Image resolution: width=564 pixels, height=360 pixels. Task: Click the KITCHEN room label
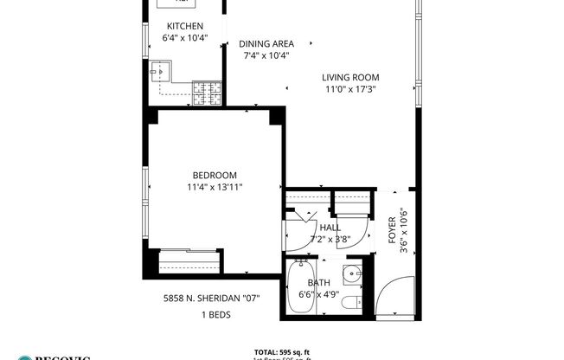pos(185,26)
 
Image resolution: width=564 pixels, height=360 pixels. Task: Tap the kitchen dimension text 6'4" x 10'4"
pos(185,38)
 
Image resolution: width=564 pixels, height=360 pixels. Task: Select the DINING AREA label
pos(266,43)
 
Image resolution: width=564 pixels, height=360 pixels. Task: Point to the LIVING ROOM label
pos(350,76)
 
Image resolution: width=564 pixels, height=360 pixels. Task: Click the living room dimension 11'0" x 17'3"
pos(350,88)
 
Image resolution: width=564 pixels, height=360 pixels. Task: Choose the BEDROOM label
pos(215,175)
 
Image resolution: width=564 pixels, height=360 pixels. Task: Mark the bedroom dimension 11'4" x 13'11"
pos(215,187)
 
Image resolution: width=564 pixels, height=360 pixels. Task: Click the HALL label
pos(330,228)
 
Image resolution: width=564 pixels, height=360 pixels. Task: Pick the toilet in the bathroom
pos(350,303)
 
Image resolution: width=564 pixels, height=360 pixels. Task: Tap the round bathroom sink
pos(350,276)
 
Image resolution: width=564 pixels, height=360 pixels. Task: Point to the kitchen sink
pos(162,71)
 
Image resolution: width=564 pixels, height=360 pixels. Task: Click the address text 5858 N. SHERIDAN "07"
pos(212,298)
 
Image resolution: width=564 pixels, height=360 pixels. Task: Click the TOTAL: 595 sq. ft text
pos(281,351)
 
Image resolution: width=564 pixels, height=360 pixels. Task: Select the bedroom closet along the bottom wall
pos(187,260)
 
